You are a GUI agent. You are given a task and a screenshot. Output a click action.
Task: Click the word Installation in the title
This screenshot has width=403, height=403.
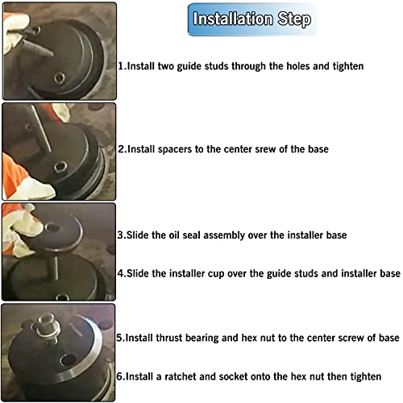click(x=233, y=19)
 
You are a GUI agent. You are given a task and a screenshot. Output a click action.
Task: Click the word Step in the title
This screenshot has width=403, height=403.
click(x=294, y=19)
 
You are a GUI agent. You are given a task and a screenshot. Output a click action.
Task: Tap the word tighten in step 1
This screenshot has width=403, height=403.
click(x=348, y=66)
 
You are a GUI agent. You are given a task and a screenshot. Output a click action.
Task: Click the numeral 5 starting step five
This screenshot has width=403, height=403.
click(x=119, y=338)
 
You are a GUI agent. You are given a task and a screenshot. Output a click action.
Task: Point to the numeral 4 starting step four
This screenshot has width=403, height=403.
click(x=120, y=273)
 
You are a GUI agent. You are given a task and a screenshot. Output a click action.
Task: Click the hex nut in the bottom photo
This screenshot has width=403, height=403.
click(x=45, y=320)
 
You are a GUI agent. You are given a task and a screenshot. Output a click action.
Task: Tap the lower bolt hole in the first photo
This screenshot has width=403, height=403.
click(x=59, y=78)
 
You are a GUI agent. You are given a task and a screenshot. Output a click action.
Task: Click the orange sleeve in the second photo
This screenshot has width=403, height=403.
click(x=12, y=172)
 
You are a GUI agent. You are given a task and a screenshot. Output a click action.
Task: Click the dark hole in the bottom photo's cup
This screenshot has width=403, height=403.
click(x=68, y=360)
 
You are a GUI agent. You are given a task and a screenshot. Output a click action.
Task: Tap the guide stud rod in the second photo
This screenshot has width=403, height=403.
click(x=41, y=129)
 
